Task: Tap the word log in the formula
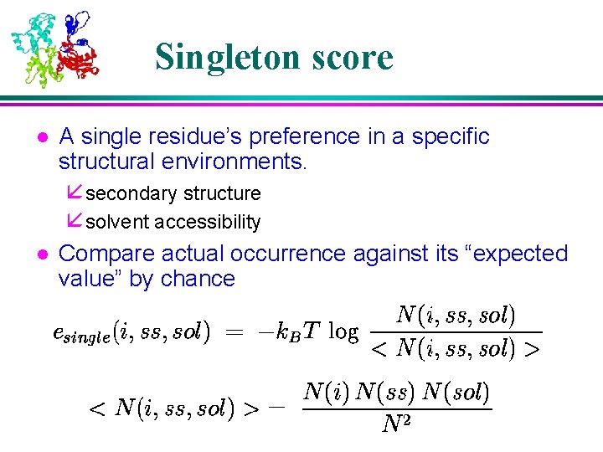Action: click(343, 332)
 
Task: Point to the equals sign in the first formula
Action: click(235, 333)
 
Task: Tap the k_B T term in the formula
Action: click(296, 332)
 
